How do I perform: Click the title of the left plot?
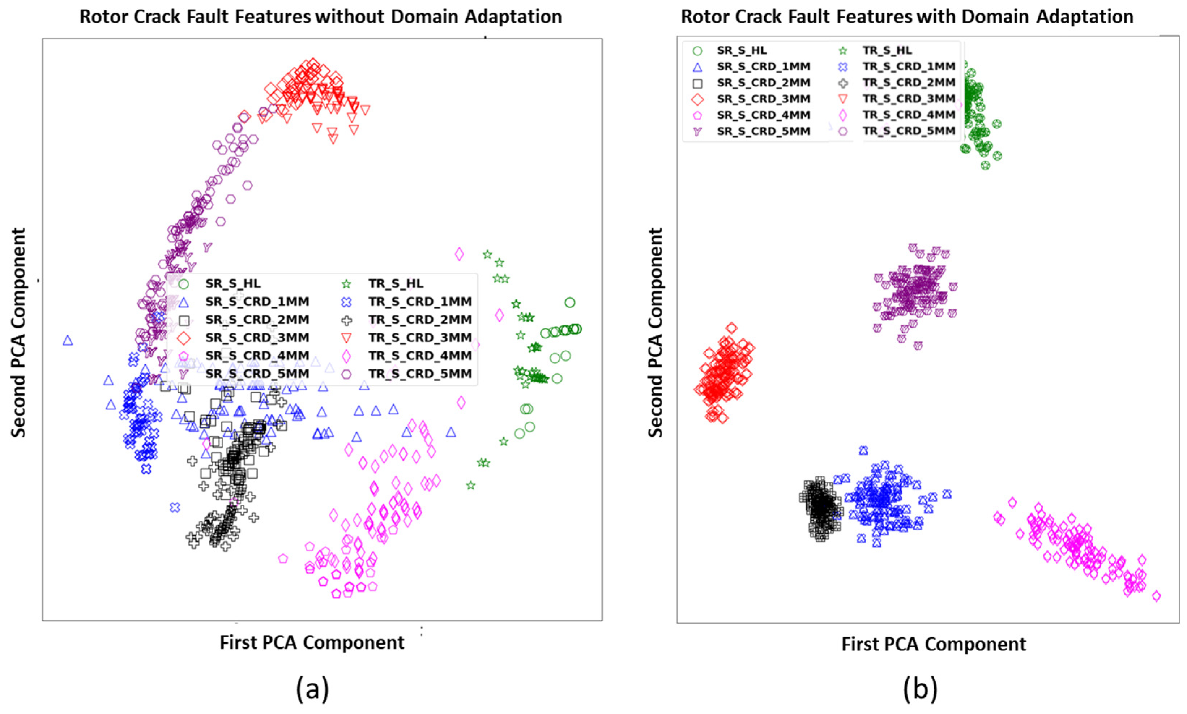(x=320, y=17)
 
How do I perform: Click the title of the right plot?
(x=907, y=17)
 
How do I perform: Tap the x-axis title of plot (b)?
(x=934, y=644)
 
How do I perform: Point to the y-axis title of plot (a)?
(x=18, y=333)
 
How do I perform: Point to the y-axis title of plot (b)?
(x=656, y=333)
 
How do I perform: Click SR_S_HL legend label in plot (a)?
(x=233, y=283)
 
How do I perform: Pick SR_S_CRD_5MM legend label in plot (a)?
(x=257, y=374)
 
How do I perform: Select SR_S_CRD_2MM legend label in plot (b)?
(x=763, y=83)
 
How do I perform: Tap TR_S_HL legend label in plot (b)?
(x=887, y=50)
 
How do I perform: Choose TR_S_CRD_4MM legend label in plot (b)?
(x=908, y=115)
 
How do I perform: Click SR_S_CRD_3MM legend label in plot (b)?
(x=763, y=99)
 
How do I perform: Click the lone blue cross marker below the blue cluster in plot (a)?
(x=175, y=507)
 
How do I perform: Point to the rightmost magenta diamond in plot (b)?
(x=1157, y=596)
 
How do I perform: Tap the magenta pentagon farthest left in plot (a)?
(x=283, y=559)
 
